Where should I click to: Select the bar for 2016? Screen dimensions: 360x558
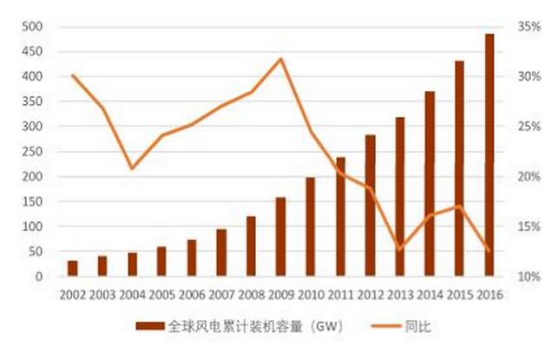[490, 156]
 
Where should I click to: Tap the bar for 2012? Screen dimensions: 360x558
[371, 206]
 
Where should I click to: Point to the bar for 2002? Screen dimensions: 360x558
[72, 268]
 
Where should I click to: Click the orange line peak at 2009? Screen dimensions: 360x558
[280, 59]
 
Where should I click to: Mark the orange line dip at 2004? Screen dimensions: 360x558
[132, 167]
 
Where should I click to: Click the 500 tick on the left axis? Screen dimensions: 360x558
[32, 27]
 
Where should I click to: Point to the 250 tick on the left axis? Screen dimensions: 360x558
[32, 152]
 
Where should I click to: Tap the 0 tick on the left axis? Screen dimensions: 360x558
[39, 277]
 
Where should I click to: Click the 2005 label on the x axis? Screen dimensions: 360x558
[161, 295]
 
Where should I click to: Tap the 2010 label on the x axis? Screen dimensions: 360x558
[310, 295]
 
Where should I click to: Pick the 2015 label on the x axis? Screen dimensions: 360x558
[460, 295]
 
